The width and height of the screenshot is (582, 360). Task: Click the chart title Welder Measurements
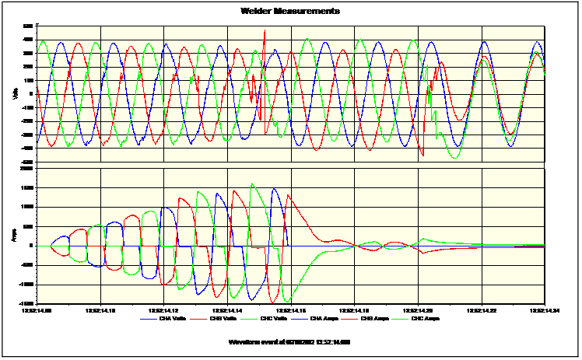click(290, 11)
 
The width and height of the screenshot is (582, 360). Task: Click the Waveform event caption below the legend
click(290, 341)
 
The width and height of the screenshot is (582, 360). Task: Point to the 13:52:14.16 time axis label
click(290, 309)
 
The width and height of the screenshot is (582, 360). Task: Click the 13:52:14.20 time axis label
click(417, 309)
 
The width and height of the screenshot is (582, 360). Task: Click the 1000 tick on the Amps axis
click(29, 207)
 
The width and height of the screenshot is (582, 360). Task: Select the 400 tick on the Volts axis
click(30, 39)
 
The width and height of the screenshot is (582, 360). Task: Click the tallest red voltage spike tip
click(265, 30)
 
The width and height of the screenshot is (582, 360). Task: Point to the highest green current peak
click(252, 184)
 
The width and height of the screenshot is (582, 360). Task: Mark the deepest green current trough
click(288, 302)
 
